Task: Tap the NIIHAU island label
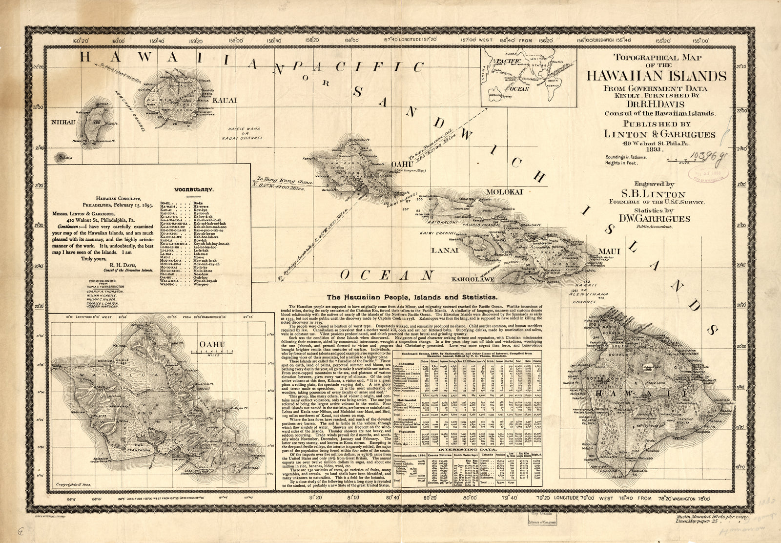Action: click(x=63, y=122)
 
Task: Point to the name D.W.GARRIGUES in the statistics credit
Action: click(x=655, y=219)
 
